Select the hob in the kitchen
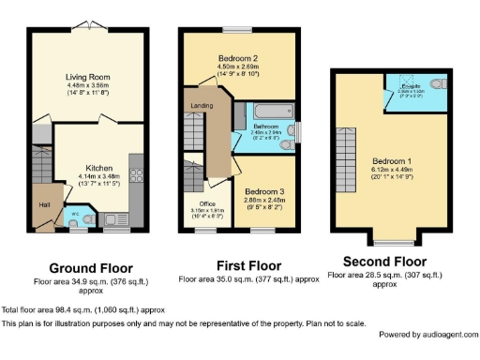tap(136, 176)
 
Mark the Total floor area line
tap(83, 308)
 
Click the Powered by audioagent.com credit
tap(426, 334)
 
